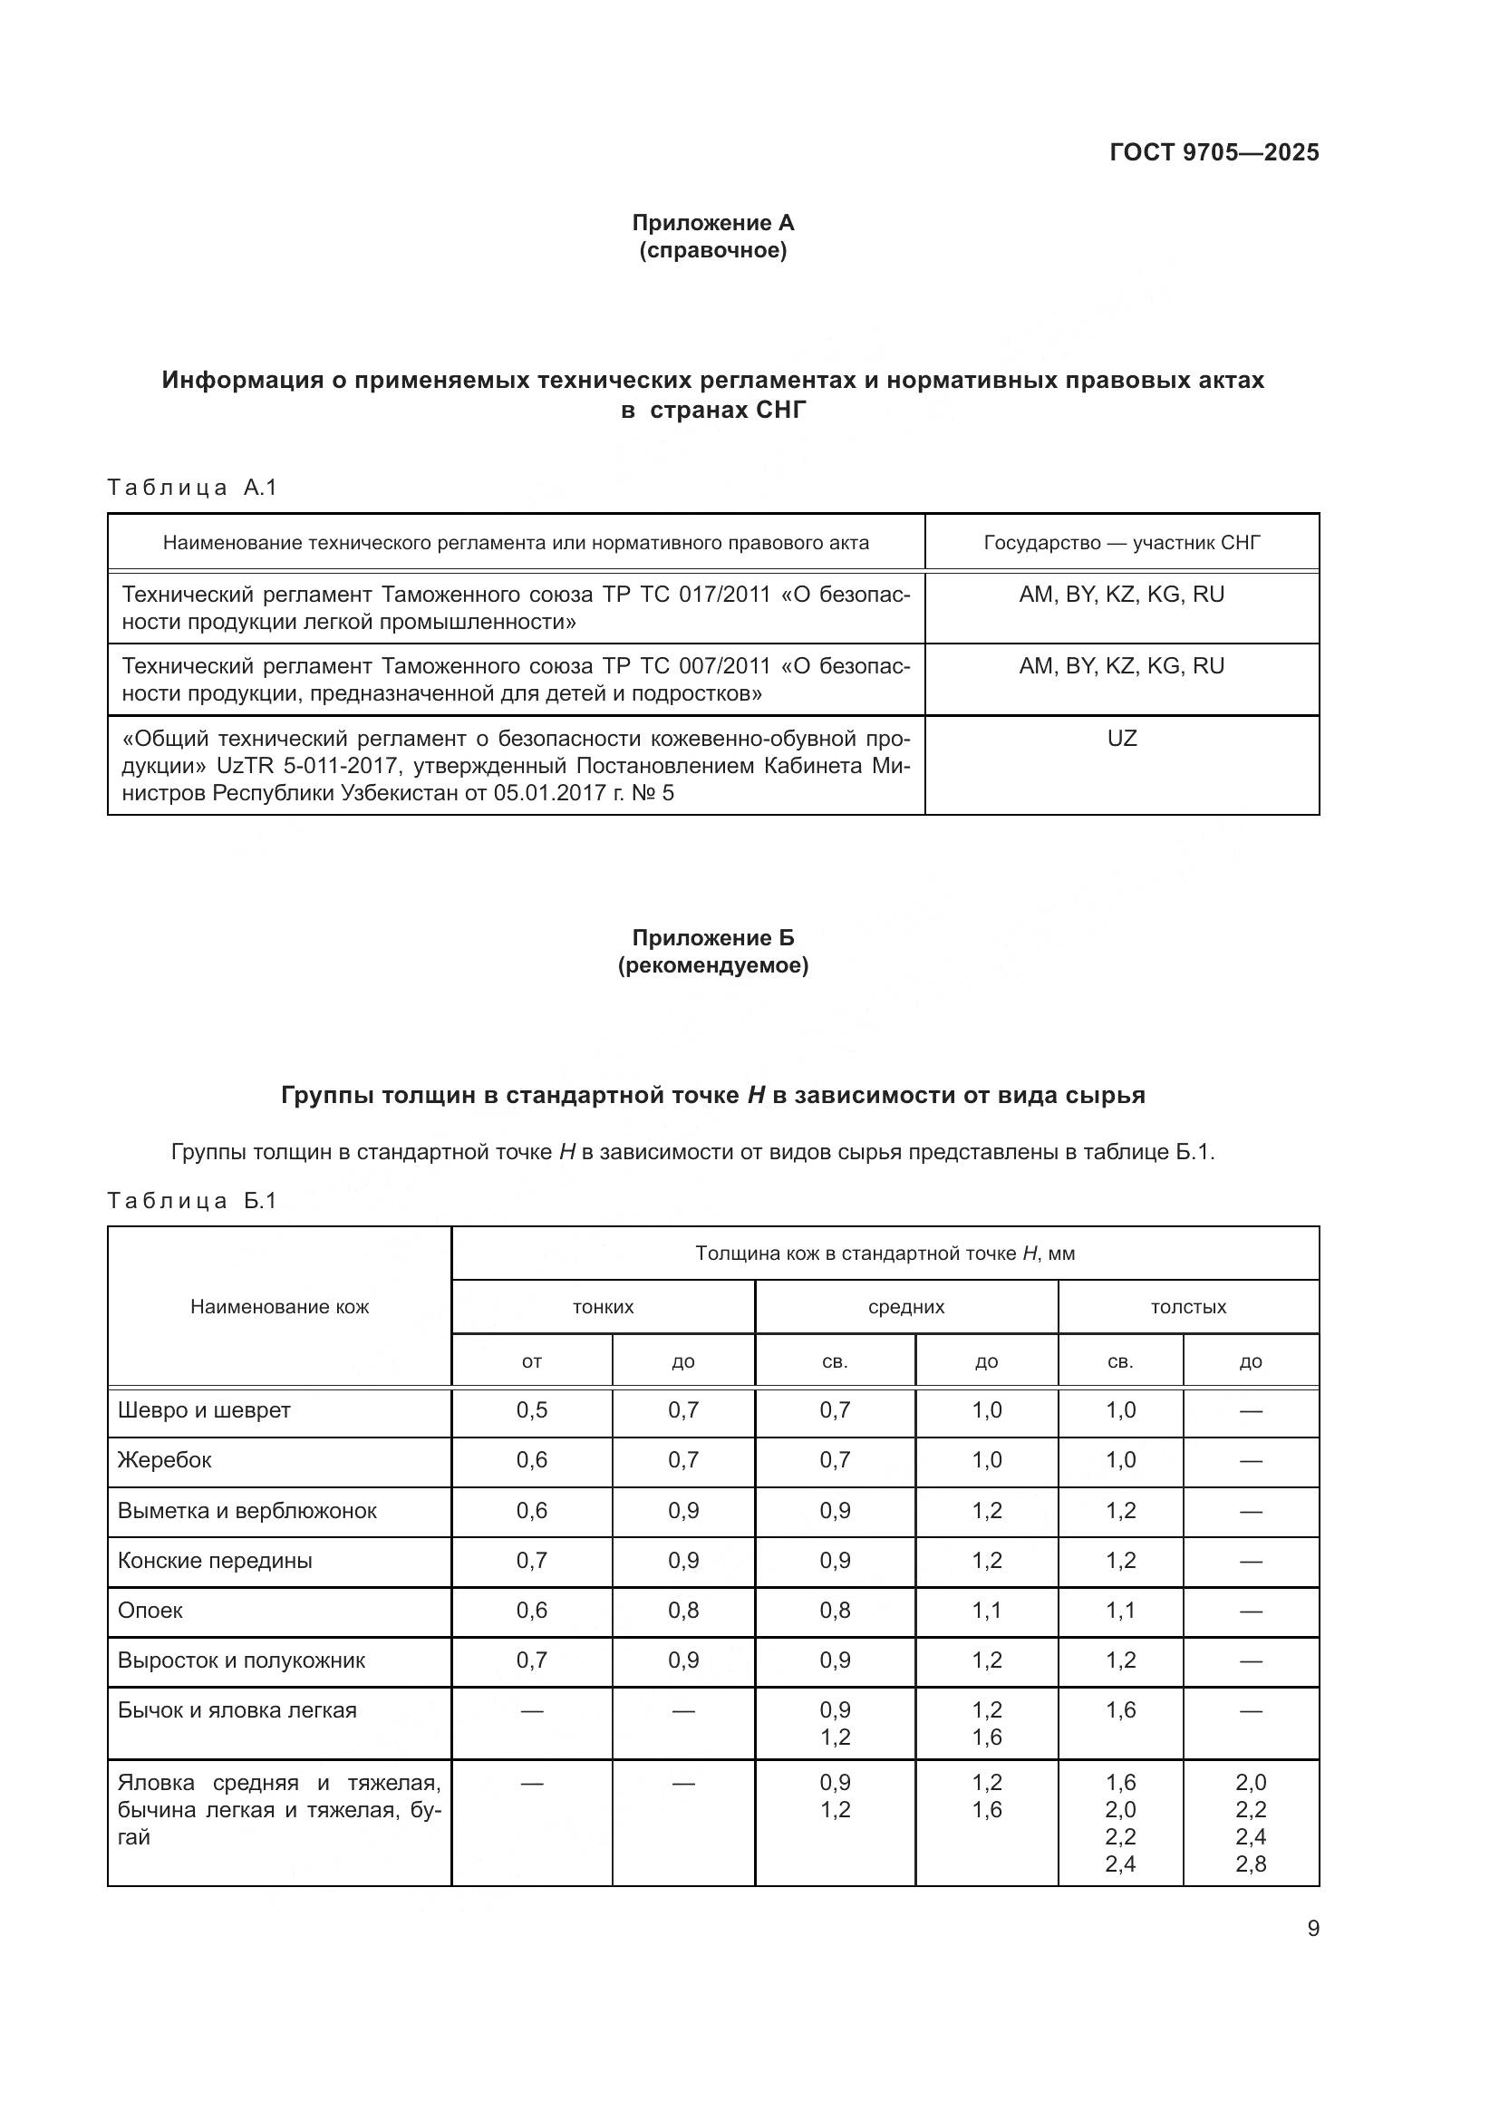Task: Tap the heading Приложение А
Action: tap(712, 223)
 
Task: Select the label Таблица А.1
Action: tap(192, 488)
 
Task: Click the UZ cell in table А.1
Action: tap(1121, 739)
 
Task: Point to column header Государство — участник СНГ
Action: tap(1121, 543)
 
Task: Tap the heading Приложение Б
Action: tap(712, 938)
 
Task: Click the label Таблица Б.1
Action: tap(192, 1201)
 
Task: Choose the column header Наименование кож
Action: tap(280, 1307)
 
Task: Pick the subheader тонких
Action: tap(603, 1308)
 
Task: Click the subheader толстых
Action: tap(1188, 1308)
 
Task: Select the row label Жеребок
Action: tap(164, 1461)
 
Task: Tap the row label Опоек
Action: tap(150, 1612)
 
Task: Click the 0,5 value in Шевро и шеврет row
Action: tap(532, 1411)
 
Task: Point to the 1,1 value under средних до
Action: tap(987, 1612)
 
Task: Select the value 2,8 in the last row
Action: tap(1251, 1864)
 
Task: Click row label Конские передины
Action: tap(215, 1562)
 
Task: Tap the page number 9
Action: tap(1312, 1929)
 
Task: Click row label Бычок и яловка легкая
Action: tap(237, 1711)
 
